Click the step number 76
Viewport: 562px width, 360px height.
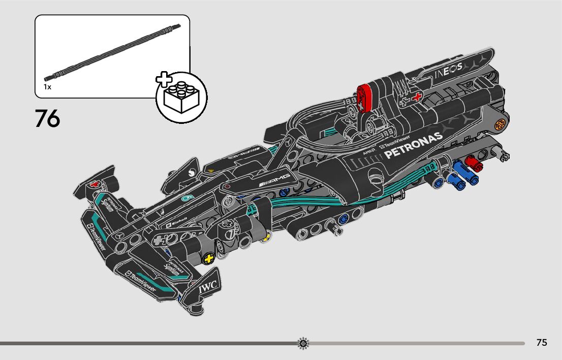click(x=47, y=118)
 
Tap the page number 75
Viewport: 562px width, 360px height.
click(x=542, y=343)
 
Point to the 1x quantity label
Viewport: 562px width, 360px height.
click(x=47, y=87)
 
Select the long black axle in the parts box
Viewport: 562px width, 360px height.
click(x=112, y=52)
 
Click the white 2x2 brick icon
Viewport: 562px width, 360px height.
click(x=181, y=98)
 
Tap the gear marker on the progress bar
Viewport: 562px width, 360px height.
click(x=303, y=344)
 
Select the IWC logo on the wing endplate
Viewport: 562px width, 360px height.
click(x=208, y=287)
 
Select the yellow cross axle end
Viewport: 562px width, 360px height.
click(x=207, y=259)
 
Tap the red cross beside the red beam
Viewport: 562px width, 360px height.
click(x=417, y=96)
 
